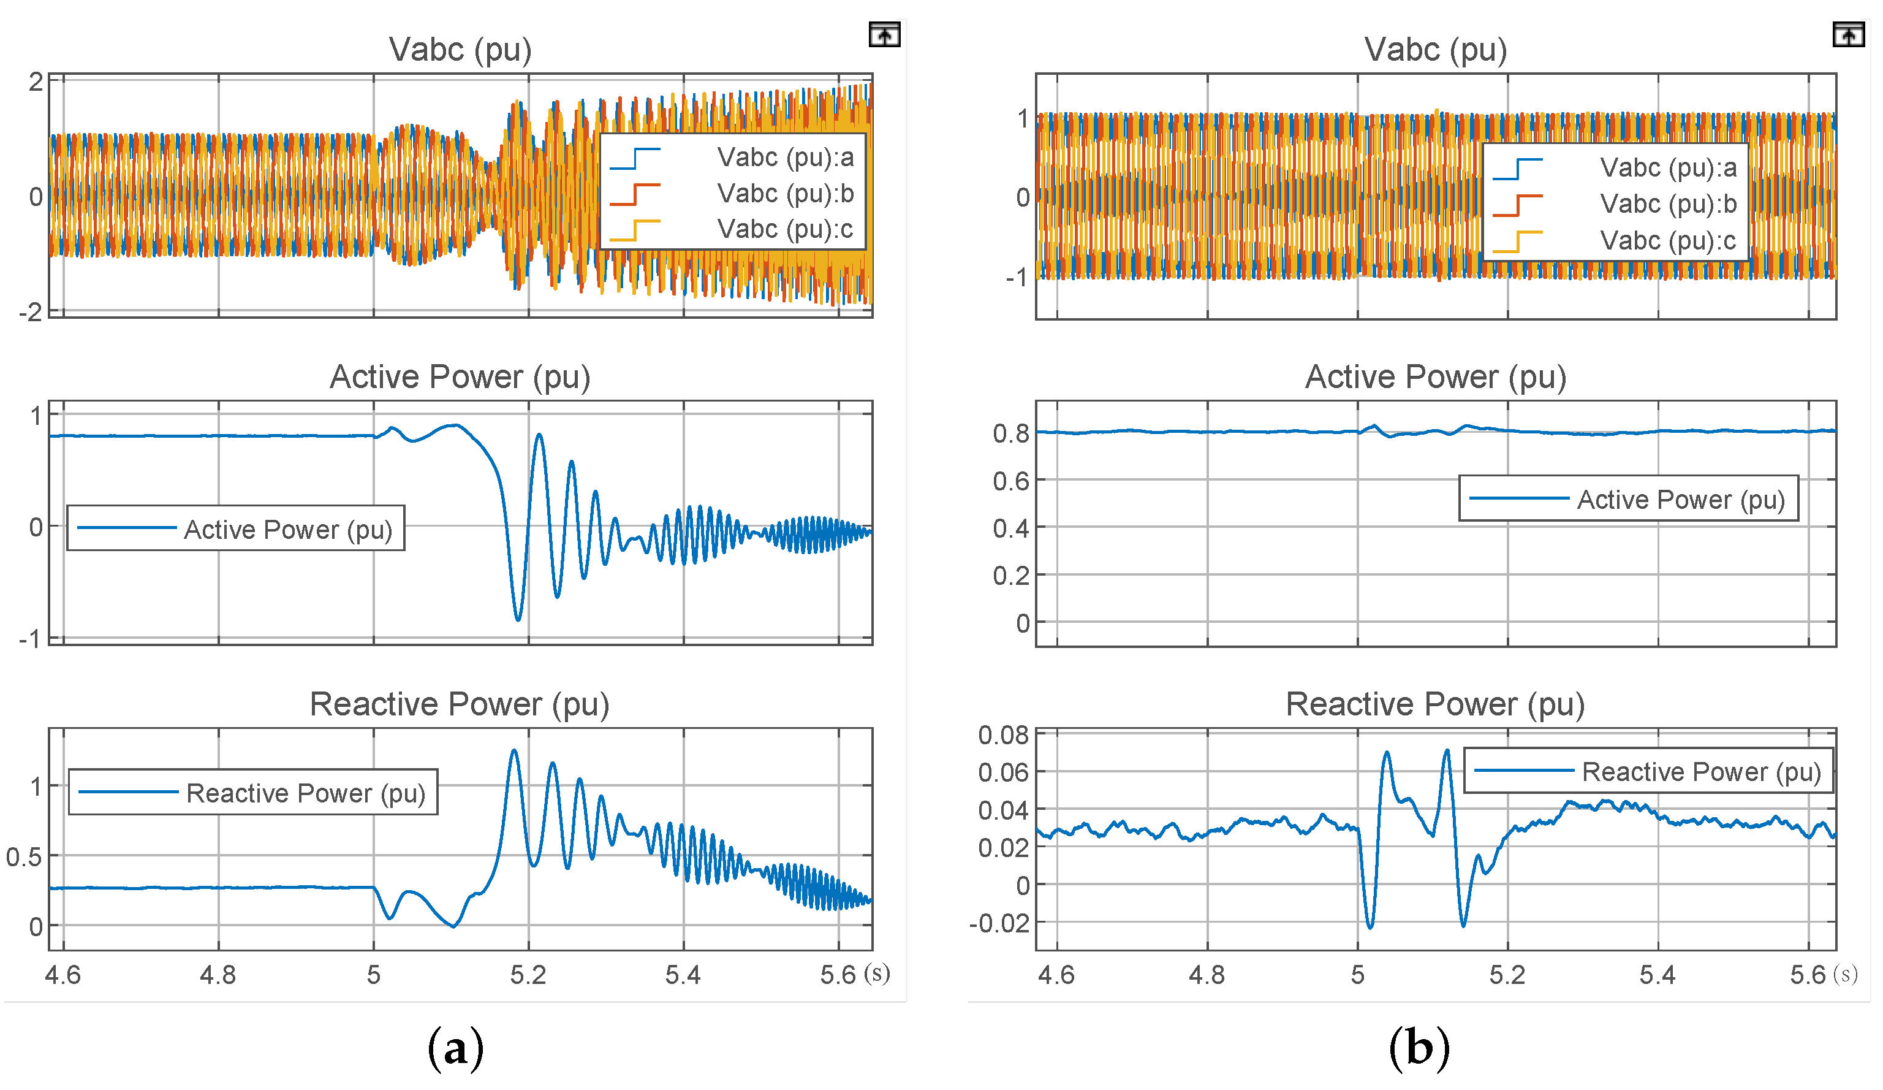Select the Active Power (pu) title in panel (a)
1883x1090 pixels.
point(460,377)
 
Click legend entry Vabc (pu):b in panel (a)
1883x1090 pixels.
point(784,194)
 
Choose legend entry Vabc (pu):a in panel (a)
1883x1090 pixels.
point(784,158)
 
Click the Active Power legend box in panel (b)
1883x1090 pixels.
point(1628,498)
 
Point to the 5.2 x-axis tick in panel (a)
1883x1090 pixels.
point(528,975)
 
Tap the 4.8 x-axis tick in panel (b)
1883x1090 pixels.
point(1207,975)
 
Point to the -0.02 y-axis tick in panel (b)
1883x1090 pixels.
point(999,923)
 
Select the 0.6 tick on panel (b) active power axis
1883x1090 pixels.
point(1011,481)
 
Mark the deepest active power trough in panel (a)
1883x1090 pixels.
point(518,619)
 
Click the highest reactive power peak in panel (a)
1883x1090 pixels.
point(514,750)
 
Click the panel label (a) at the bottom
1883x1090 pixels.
point(455,1048)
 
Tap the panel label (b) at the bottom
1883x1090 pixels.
point(1419,1048)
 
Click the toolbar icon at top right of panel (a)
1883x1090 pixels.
point(884,35)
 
